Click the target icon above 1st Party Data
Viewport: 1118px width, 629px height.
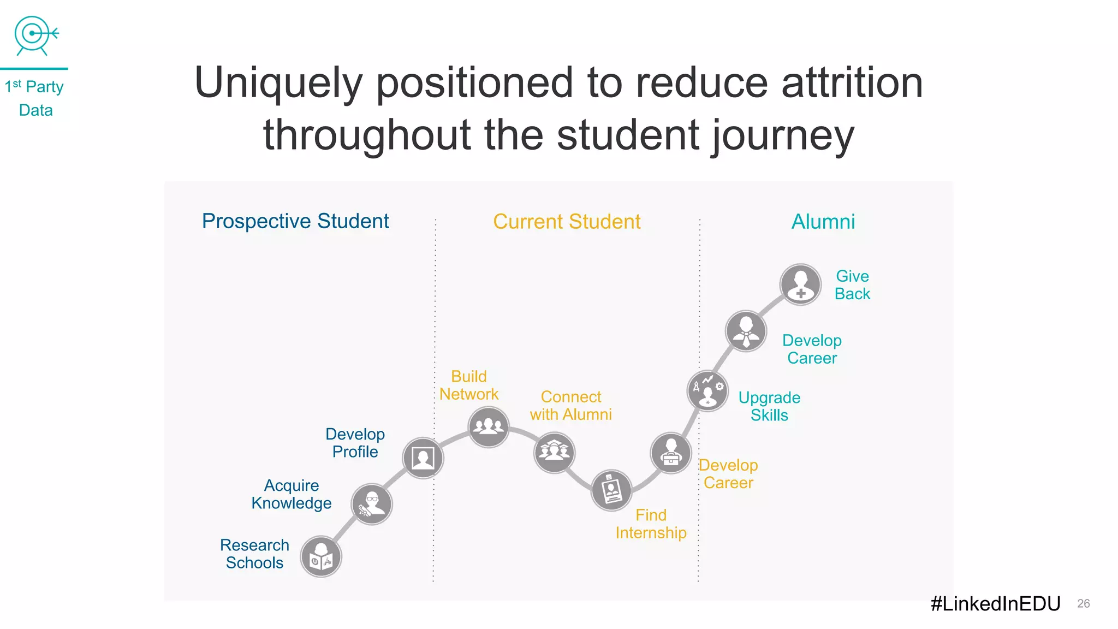click(35, 35)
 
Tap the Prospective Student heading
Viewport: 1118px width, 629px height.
click(295, 221)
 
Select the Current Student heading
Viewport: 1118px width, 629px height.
click(567, 222)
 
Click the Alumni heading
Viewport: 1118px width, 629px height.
click(823, 222)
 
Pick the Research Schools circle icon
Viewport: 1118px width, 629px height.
click(321, 556)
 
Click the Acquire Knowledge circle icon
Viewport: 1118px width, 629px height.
click(372, 504)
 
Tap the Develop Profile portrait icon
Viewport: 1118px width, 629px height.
click(423, 458)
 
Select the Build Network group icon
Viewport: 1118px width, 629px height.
click(489, 427)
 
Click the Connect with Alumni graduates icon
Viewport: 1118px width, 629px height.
click(554, 453)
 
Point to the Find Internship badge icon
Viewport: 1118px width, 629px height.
click(611, 490)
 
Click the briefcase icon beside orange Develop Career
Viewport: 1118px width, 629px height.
click(671, 453)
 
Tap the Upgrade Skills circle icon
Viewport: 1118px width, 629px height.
click(707, 390)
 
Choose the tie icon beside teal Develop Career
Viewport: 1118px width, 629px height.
click(746, 331)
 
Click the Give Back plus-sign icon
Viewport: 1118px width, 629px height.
click(800, 284)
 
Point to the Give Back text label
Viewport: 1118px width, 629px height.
click(852, 285)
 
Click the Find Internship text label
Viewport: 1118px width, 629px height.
click(651, 524)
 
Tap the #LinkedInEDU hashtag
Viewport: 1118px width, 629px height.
click(995, 603)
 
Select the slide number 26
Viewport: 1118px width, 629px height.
click(1083, 603)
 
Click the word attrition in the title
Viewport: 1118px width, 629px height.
click(852, 83)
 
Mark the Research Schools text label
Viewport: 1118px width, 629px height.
click(254, 554)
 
